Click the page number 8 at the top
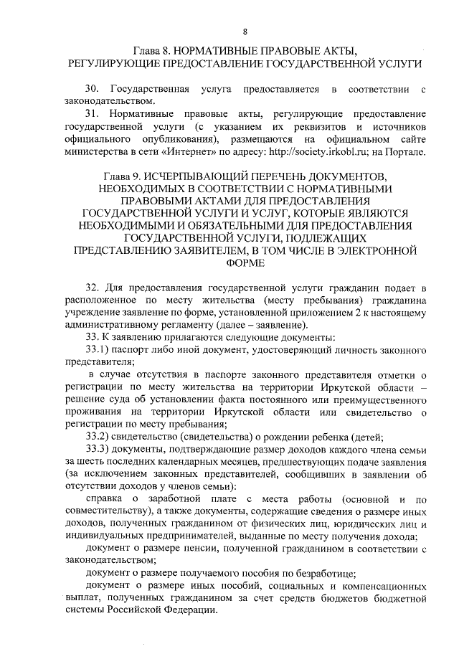pos(245,32)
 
